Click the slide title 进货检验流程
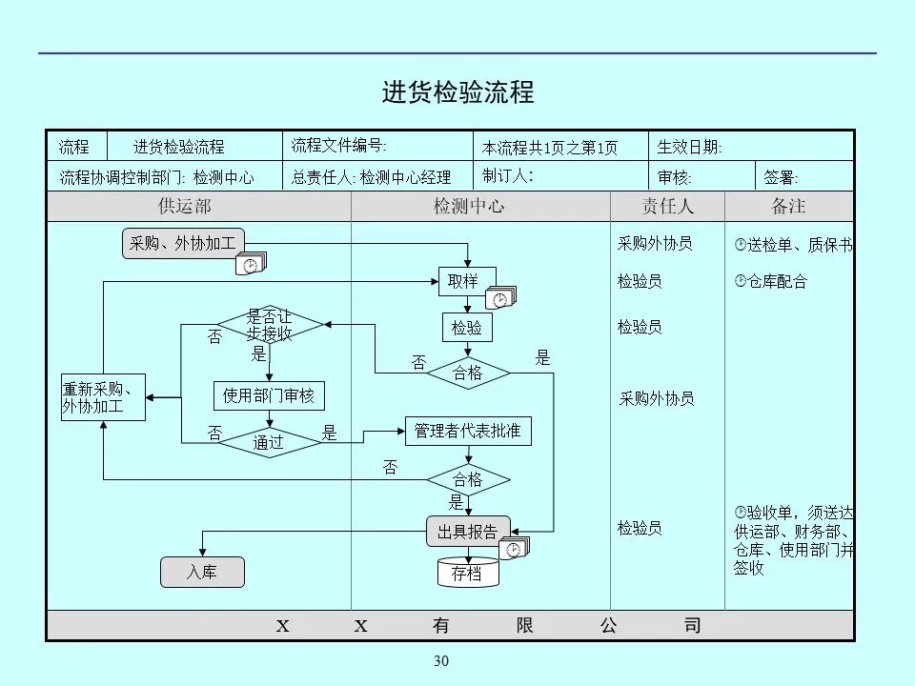(x=457, y=92)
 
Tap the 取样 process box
(x=467, y=281)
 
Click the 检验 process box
(x=467, y=328)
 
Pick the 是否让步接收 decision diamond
(x=270, y=326)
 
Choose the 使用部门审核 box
(x=269, y=394)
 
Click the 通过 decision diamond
(x=269, y=442)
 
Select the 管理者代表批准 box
(x=467, y=431)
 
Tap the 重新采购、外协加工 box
(x=103, y=397)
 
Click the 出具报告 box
(x=467, y=532)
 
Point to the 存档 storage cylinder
(x=467, y=573)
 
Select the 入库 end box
(x=201, y=572)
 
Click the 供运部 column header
(x=184, y=207)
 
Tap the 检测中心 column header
(x=468, y=207)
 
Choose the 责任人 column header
(x=667, y=207)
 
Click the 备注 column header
(x=788, y=207)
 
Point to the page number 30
(x=440, y=662)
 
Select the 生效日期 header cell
(x=690, y=147)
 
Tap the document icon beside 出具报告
(x=515, y=549)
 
